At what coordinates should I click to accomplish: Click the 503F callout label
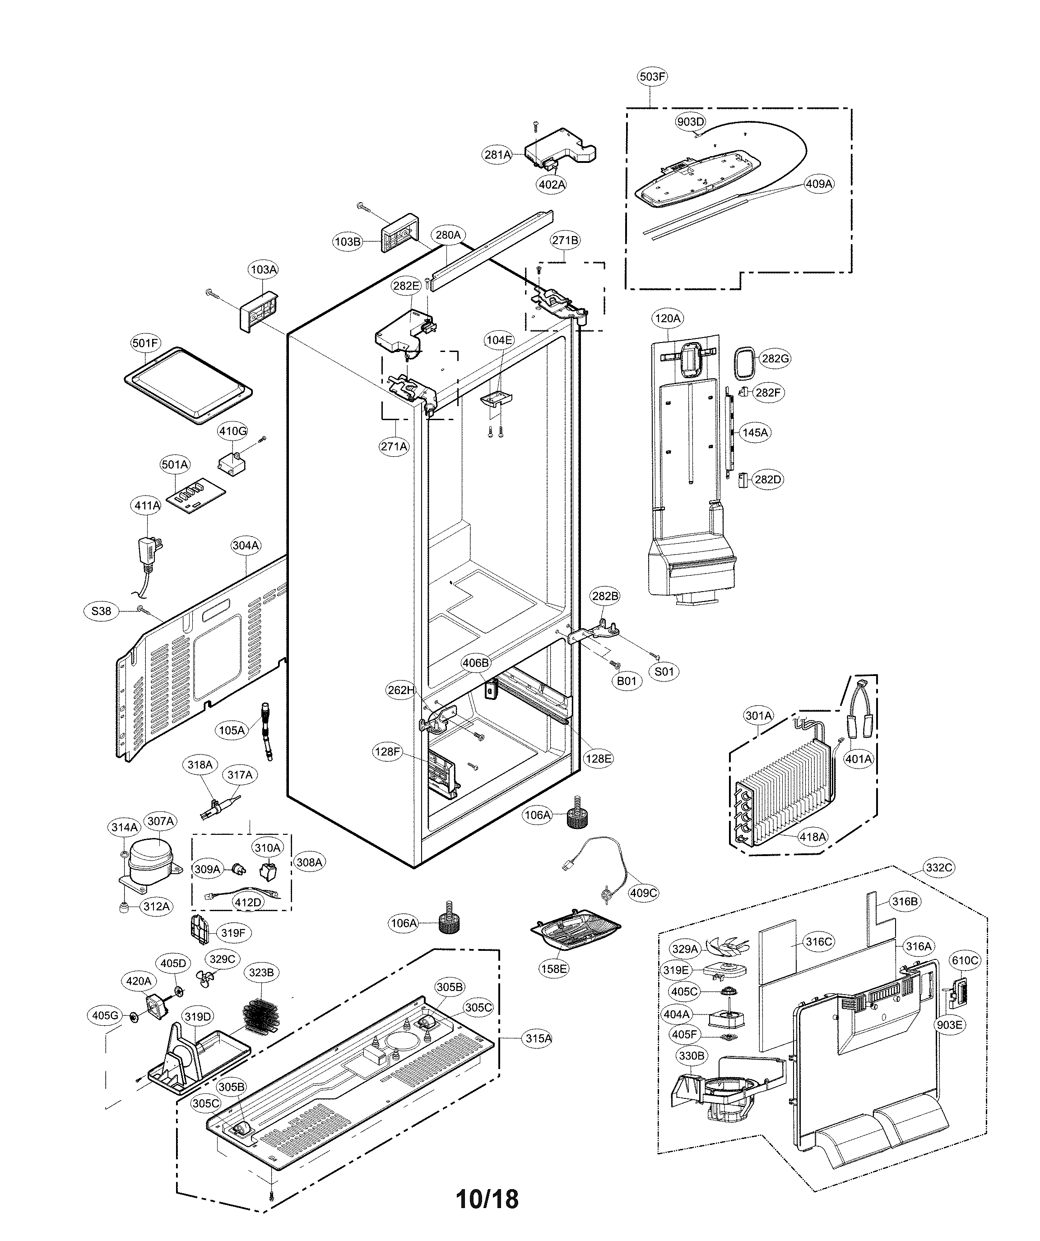pyautogui.click(x=652, y=76)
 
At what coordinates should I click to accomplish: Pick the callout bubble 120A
pyautogui.click(x=668, y=319)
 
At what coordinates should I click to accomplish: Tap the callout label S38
pyautogui.click(x=101, y=611)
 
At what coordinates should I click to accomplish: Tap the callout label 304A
pyautogui.click(x=246, y=545)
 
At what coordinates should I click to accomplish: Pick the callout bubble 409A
pyautogui.click(x=819, y=184)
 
